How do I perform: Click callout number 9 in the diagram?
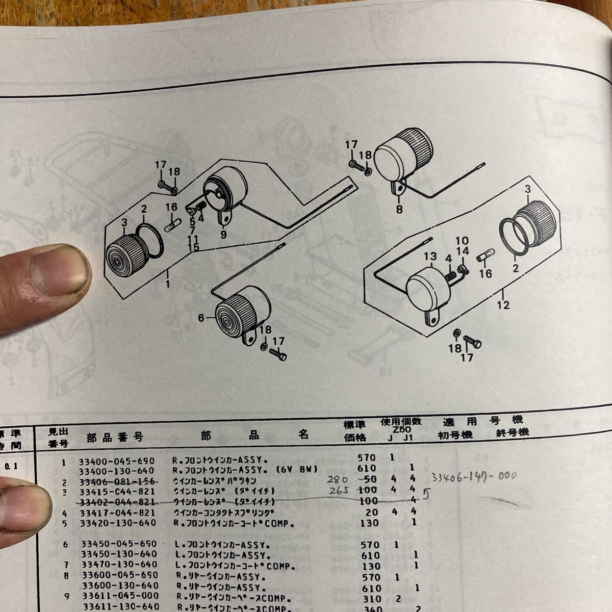pyautogui.click(x=223, y=235)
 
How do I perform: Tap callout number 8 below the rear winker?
pyautogui.click(x=399, y=209)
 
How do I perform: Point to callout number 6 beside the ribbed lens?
pyautogui.click(x=201, y=318)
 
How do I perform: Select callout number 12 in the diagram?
pyautogui.click(x=503, y=305)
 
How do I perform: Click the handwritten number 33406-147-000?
pyautogui.click(x=473, y=476)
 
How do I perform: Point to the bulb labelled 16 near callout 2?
pyautogui.click(x=171, y=223)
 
